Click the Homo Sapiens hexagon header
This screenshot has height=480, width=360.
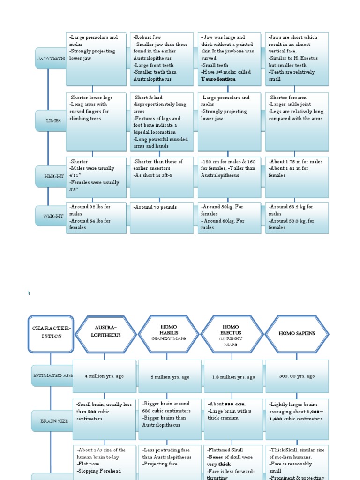click(x=297, y=334)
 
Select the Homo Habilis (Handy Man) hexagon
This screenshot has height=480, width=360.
click(x=169, y=334)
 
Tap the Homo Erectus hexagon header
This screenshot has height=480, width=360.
click(x=231, y=334)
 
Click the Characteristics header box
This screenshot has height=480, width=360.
click(x=51, y=333)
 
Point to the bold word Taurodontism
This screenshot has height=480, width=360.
click(x=218, y=79)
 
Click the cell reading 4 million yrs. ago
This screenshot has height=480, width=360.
click(x=105, y=376)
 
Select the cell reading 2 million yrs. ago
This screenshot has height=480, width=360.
click(x=170, y=377)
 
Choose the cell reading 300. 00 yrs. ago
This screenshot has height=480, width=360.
click(x=297, y=376)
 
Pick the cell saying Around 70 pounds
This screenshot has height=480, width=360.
click(x=156, y=207)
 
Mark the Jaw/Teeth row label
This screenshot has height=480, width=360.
click(x=51, y=58)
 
